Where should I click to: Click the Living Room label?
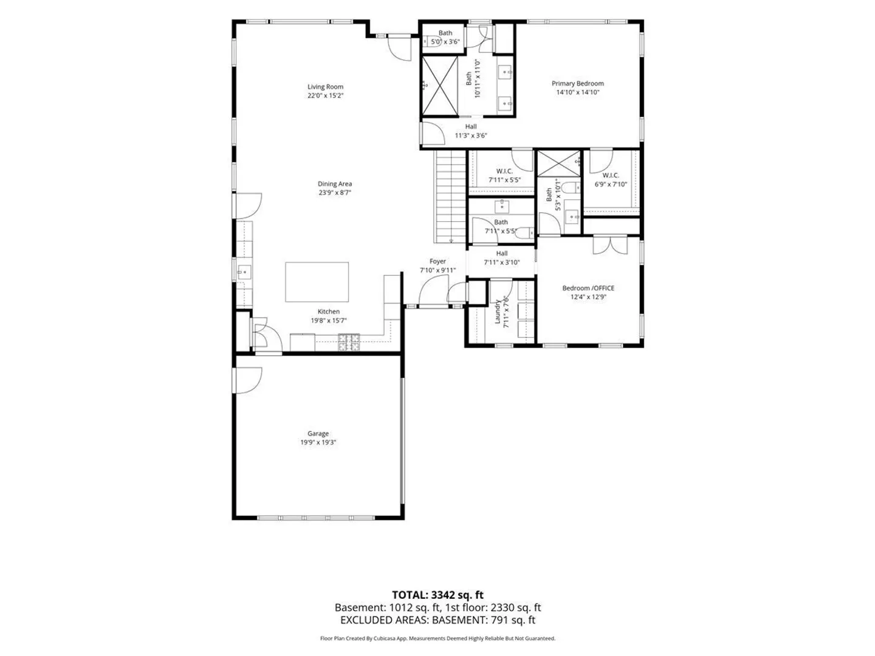(x=325, y=87)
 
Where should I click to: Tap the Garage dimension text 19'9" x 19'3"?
(x=318, y=442)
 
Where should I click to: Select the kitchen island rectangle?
(x=317, y=282)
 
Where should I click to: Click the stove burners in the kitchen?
(x=349, y=342)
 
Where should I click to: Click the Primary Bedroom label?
(x=577, y=84)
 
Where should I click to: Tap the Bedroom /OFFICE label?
(x=588, y=288)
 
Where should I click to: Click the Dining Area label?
(x=334, y=184)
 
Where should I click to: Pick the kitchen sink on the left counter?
(x=244, y=273)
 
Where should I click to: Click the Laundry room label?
(x=498, y=312)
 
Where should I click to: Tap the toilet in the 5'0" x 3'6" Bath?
(x=432, y=41)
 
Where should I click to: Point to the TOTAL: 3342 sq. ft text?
(x=437, y=595)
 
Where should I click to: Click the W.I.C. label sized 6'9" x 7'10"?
(x=610, y=176)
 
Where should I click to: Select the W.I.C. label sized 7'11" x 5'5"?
(x=504, y=171)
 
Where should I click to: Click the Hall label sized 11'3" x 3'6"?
(x=471, y=127)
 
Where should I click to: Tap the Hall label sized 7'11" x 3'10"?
(x=501, y=253)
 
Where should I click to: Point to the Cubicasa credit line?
(x=437, y=638)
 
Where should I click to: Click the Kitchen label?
(x=329, y=312)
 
